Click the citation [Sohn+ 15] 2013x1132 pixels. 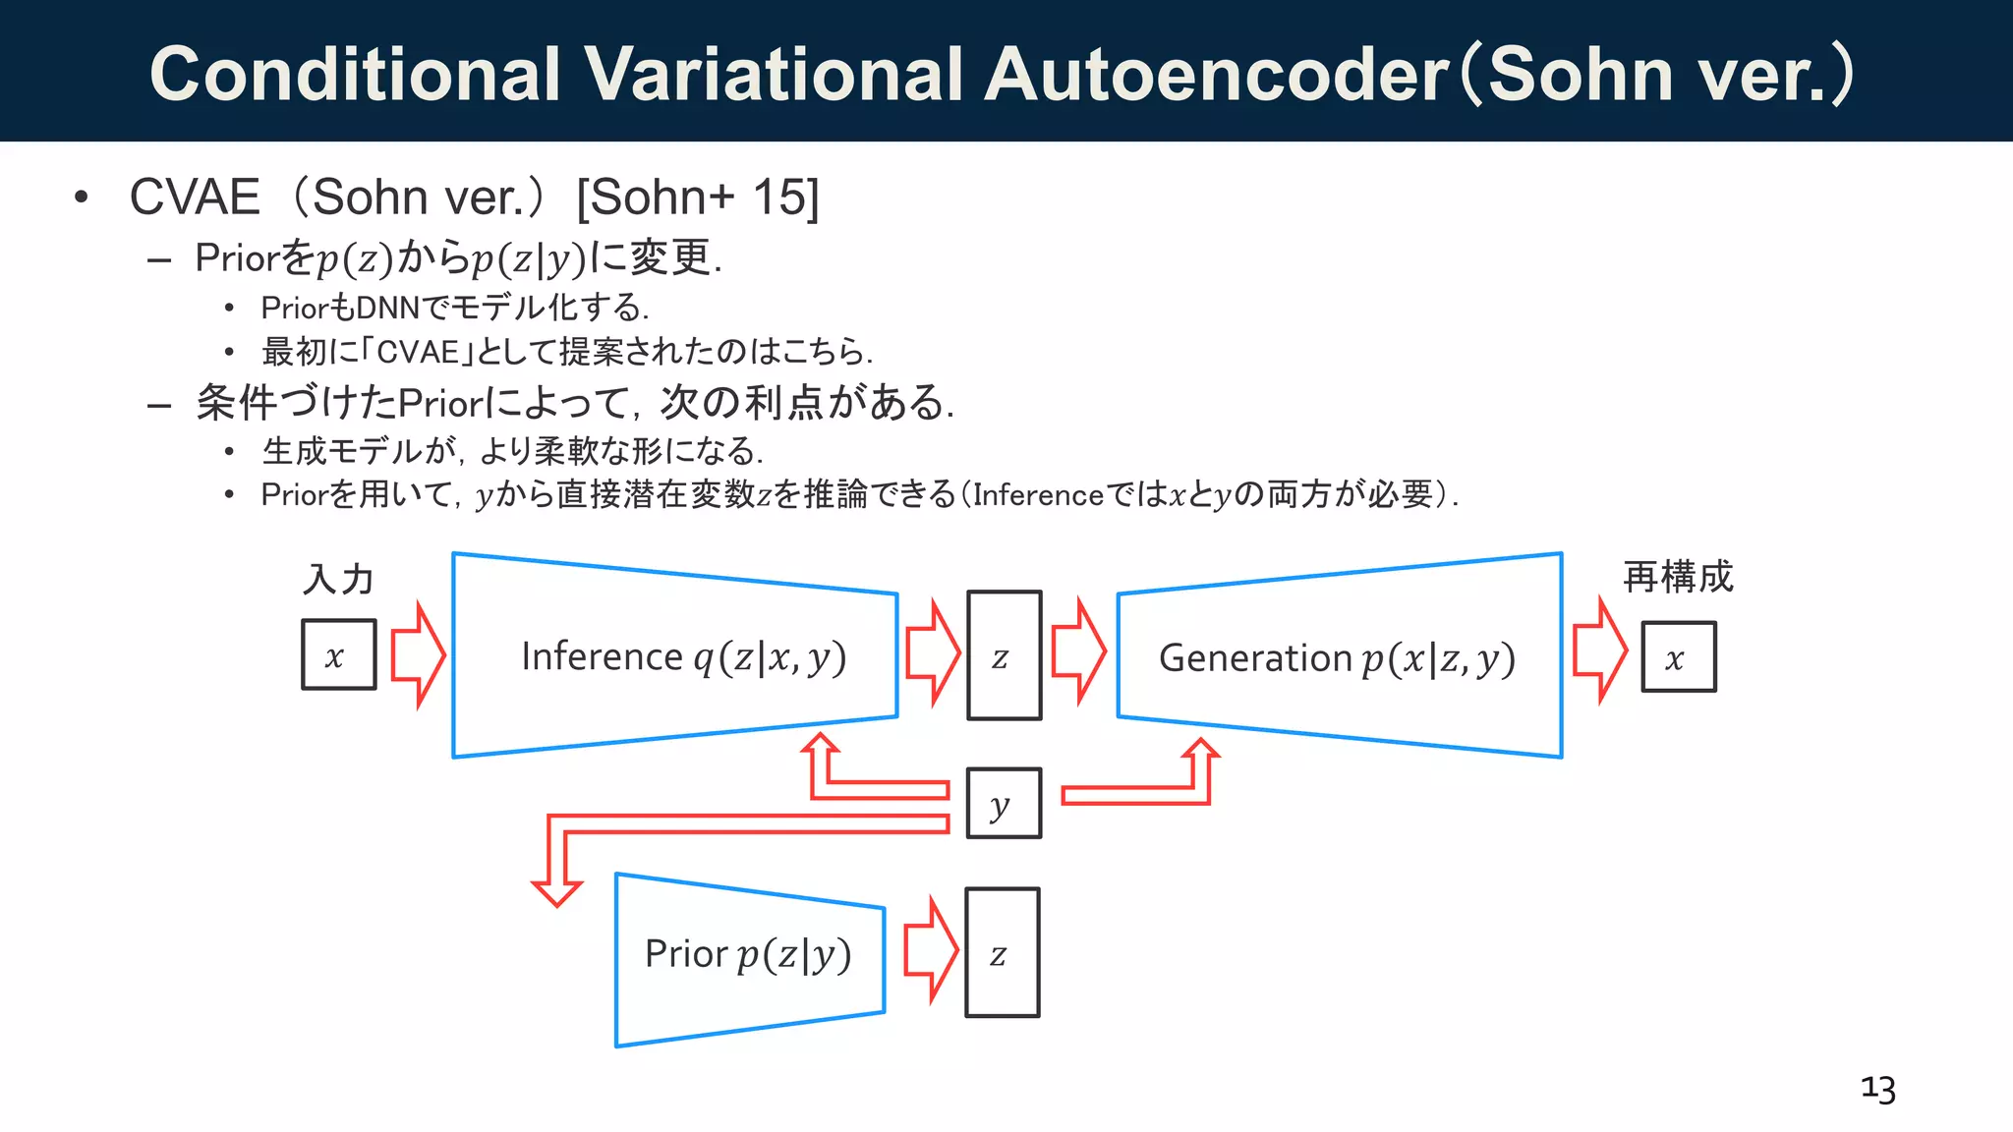697,197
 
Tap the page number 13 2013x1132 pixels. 1877,1089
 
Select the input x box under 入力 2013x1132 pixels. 338,654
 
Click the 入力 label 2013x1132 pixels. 338,579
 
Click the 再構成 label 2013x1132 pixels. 1677,577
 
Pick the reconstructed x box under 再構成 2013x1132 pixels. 1678,657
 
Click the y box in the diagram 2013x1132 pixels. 1003,804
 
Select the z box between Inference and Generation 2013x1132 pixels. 1003,655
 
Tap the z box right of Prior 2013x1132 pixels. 1002,952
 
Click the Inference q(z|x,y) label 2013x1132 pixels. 683,657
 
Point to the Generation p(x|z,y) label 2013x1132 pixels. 1337,658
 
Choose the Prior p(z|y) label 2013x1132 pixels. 748,954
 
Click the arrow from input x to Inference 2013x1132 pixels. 418,654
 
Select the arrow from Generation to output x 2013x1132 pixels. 1600,651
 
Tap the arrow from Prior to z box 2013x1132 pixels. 930,949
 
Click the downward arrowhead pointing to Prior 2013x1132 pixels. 556,890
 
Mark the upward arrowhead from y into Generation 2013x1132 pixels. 1200,751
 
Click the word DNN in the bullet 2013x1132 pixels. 387,309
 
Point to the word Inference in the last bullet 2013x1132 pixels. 1038,494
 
